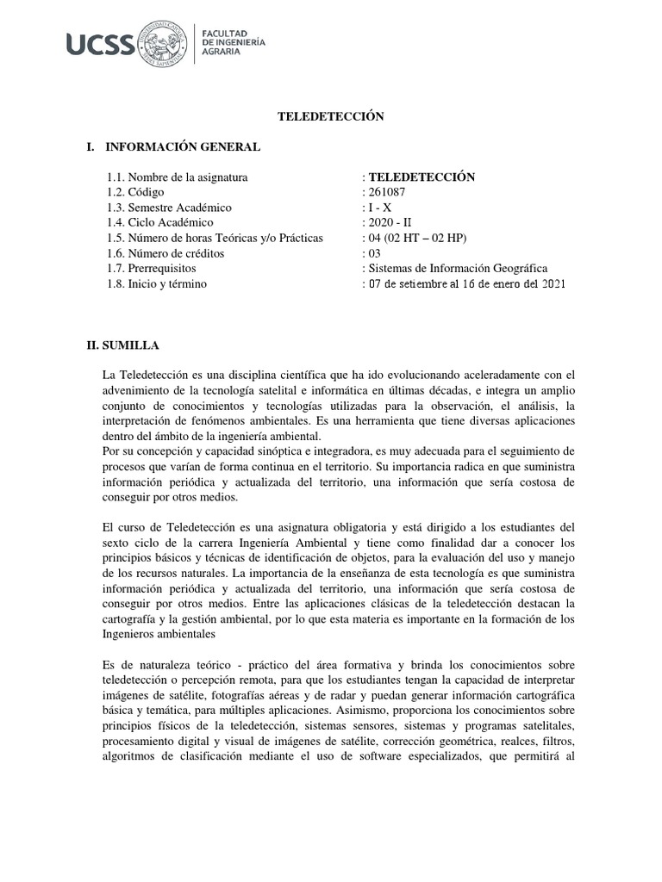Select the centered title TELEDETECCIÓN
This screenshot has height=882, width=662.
click(x=329, y=116)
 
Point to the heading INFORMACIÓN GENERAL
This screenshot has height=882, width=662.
click(x=180, y=147)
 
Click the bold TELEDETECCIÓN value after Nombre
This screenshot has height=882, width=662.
click(x=421, y=177)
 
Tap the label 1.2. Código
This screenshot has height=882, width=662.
click(x=135, y=192)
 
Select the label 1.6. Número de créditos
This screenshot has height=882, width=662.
click(x=165, y=253)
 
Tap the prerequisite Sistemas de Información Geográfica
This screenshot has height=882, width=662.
click(x=458, y=269)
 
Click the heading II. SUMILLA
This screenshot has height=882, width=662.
click(x=129, y=345)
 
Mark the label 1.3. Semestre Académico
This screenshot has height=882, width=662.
click(x=170, y=208)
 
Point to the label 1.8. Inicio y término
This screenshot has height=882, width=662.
click(x=157, y=284)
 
